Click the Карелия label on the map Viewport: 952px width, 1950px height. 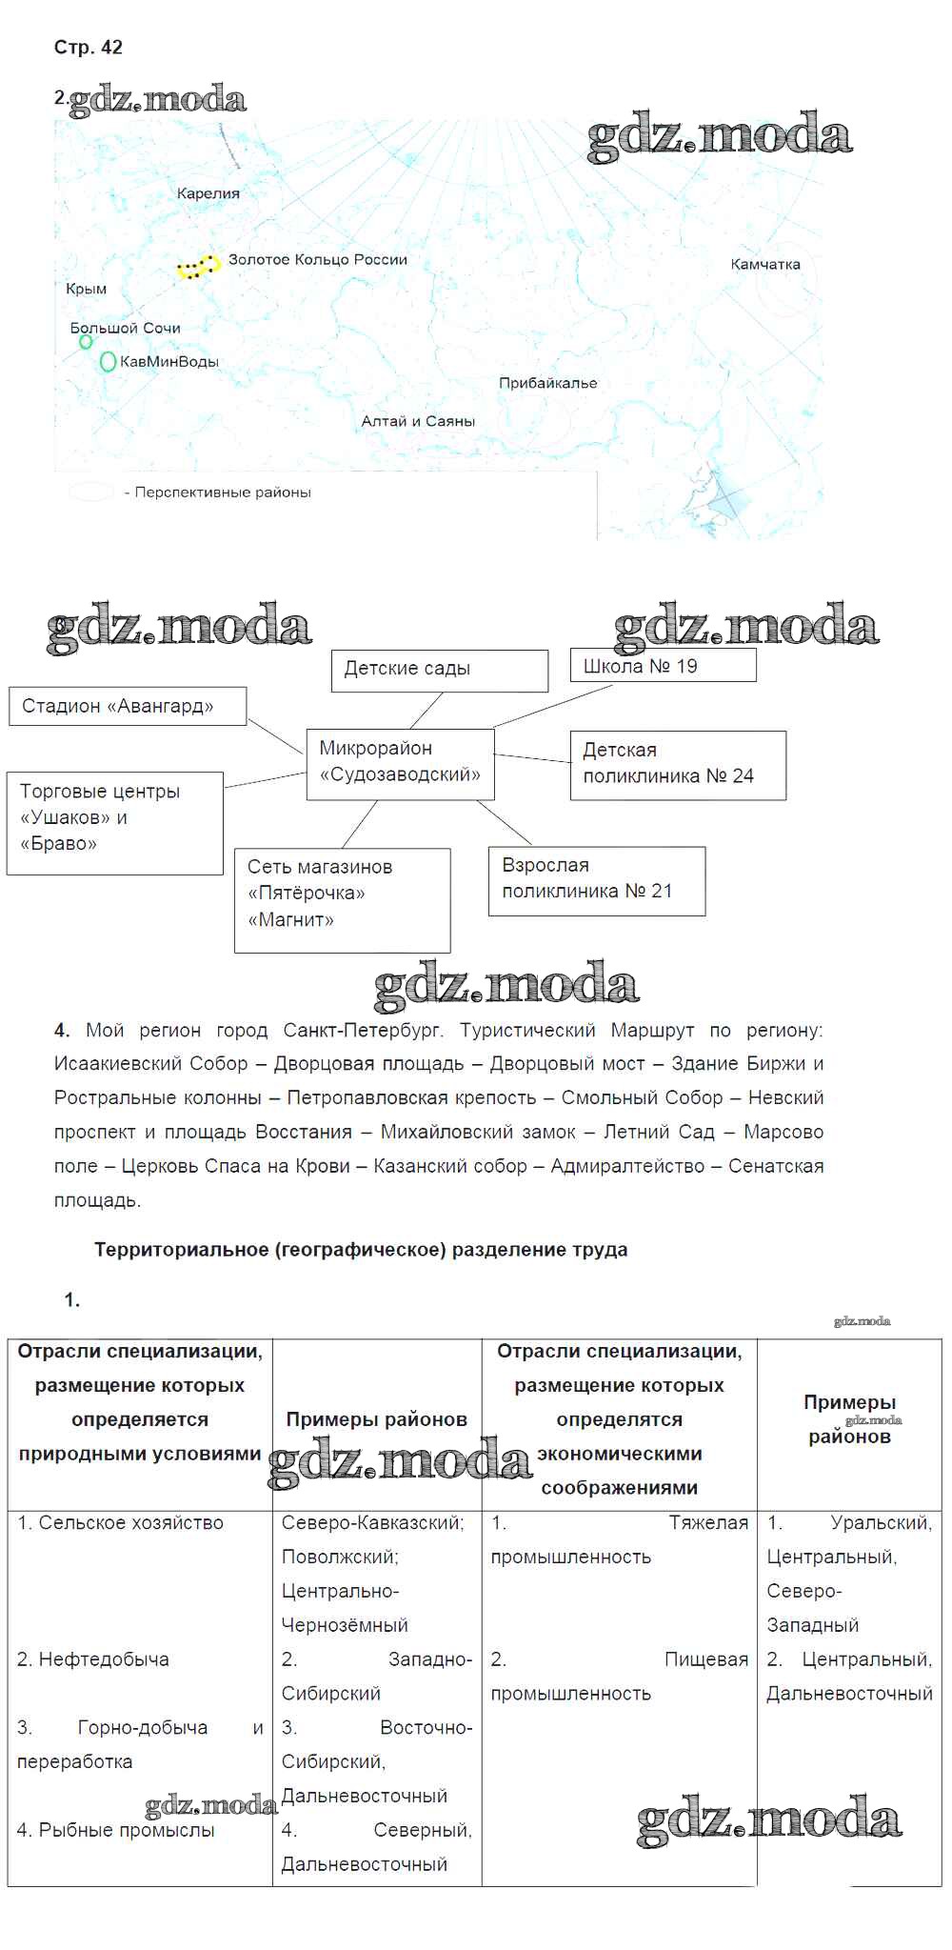tap(208, 193)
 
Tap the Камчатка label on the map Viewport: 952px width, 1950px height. tap(764, 265)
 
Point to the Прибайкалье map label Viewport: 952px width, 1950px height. tap(547, 383)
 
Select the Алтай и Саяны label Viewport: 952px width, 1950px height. tap(417, 421)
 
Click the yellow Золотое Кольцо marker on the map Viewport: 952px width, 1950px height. tap(198, 267)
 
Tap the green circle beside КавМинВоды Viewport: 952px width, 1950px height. tap(108, 362)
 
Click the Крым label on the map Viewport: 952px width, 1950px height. tap(86, 289)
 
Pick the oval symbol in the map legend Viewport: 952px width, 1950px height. tap(91, 493)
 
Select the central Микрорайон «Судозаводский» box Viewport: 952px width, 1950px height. tap(400, 762)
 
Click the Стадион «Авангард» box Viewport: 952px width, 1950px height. tap(128, 706)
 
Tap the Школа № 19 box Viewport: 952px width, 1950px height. tap(663, 666)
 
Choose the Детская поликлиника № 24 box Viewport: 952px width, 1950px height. tap(677, 764)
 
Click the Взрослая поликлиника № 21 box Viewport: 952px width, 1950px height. tap(596, 879)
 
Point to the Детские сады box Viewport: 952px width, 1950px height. tap(439, 670)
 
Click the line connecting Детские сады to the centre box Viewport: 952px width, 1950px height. tap(426, 711)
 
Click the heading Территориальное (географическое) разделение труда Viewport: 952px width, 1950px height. tap(361, 1250)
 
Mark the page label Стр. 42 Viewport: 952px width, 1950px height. tap(88, 48)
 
